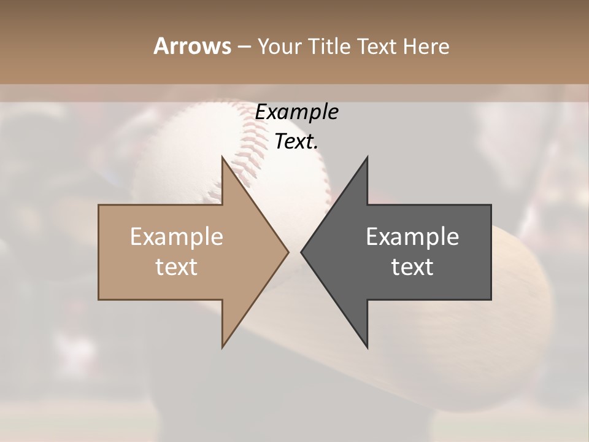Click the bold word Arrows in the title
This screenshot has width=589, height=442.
(191, 46)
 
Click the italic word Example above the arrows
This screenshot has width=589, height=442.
(296, 112)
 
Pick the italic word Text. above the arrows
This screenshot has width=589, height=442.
(296, 142)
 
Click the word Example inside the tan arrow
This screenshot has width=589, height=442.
(177, 237)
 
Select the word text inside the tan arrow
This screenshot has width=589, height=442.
(177, 267)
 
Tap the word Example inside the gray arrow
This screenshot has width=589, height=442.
(412, 237)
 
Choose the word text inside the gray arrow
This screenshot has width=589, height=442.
(412, 267)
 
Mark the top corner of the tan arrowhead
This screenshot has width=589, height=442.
(223, 158)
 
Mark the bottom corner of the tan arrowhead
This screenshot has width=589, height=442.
(223, 347)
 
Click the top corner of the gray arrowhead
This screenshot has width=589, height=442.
(367, 158)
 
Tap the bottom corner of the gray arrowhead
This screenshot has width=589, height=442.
(367, 347)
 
